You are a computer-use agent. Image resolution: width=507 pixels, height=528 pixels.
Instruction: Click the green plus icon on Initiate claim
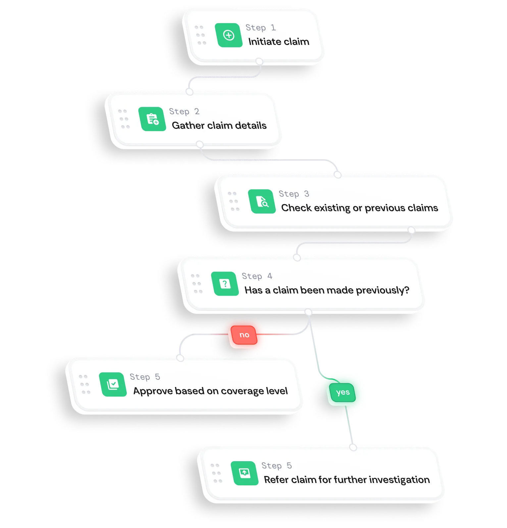click(x=228, y=35)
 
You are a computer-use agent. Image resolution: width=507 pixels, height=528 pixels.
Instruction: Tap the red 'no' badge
click(x=244, y=335)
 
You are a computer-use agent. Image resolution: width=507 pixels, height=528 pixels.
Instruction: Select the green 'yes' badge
click(x=342, y=392)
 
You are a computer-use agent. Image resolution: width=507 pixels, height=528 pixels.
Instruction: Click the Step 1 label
click(x=260, y=27)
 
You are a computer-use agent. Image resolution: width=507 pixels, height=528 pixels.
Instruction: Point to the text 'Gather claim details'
click(x=219, y=125)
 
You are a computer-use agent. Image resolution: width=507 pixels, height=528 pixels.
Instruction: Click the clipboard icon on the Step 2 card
click(x=152, y=119)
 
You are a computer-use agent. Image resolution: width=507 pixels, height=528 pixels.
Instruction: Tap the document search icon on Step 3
click(x=262, y=201)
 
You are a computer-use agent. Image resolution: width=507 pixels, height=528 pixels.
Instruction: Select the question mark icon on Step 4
click(x=225, y=284)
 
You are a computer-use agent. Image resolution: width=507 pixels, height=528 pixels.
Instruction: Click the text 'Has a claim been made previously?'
click(x=327, y=290)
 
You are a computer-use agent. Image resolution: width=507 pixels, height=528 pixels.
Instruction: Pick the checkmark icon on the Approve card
click(x=113, y=384)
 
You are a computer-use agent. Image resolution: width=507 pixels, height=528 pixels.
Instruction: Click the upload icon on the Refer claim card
click(x=244, y=473)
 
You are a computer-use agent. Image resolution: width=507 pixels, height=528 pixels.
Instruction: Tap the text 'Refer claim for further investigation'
click(x=347, y=480)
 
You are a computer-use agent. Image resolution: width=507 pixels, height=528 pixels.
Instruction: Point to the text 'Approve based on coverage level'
click(x=210, y=391)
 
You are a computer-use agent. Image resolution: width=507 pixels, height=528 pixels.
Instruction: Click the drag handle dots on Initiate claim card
click(x=200, y=35)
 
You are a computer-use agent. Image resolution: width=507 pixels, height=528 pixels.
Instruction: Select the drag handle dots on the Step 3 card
click(x=234, y=201)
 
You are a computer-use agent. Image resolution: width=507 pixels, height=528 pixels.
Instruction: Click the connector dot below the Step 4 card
click(x=308, y=312)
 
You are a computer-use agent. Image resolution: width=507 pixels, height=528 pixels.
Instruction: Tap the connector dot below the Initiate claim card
click(x=259, y=62)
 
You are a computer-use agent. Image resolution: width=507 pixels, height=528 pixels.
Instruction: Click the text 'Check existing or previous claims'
click(x=359, y=208)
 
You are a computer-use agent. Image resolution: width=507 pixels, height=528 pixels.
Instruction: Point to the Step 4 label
click(x=257, y=276)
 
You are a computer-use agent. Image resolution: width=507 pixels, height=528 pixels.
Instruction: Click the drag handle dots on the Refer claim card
click(x=216, y=473)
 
